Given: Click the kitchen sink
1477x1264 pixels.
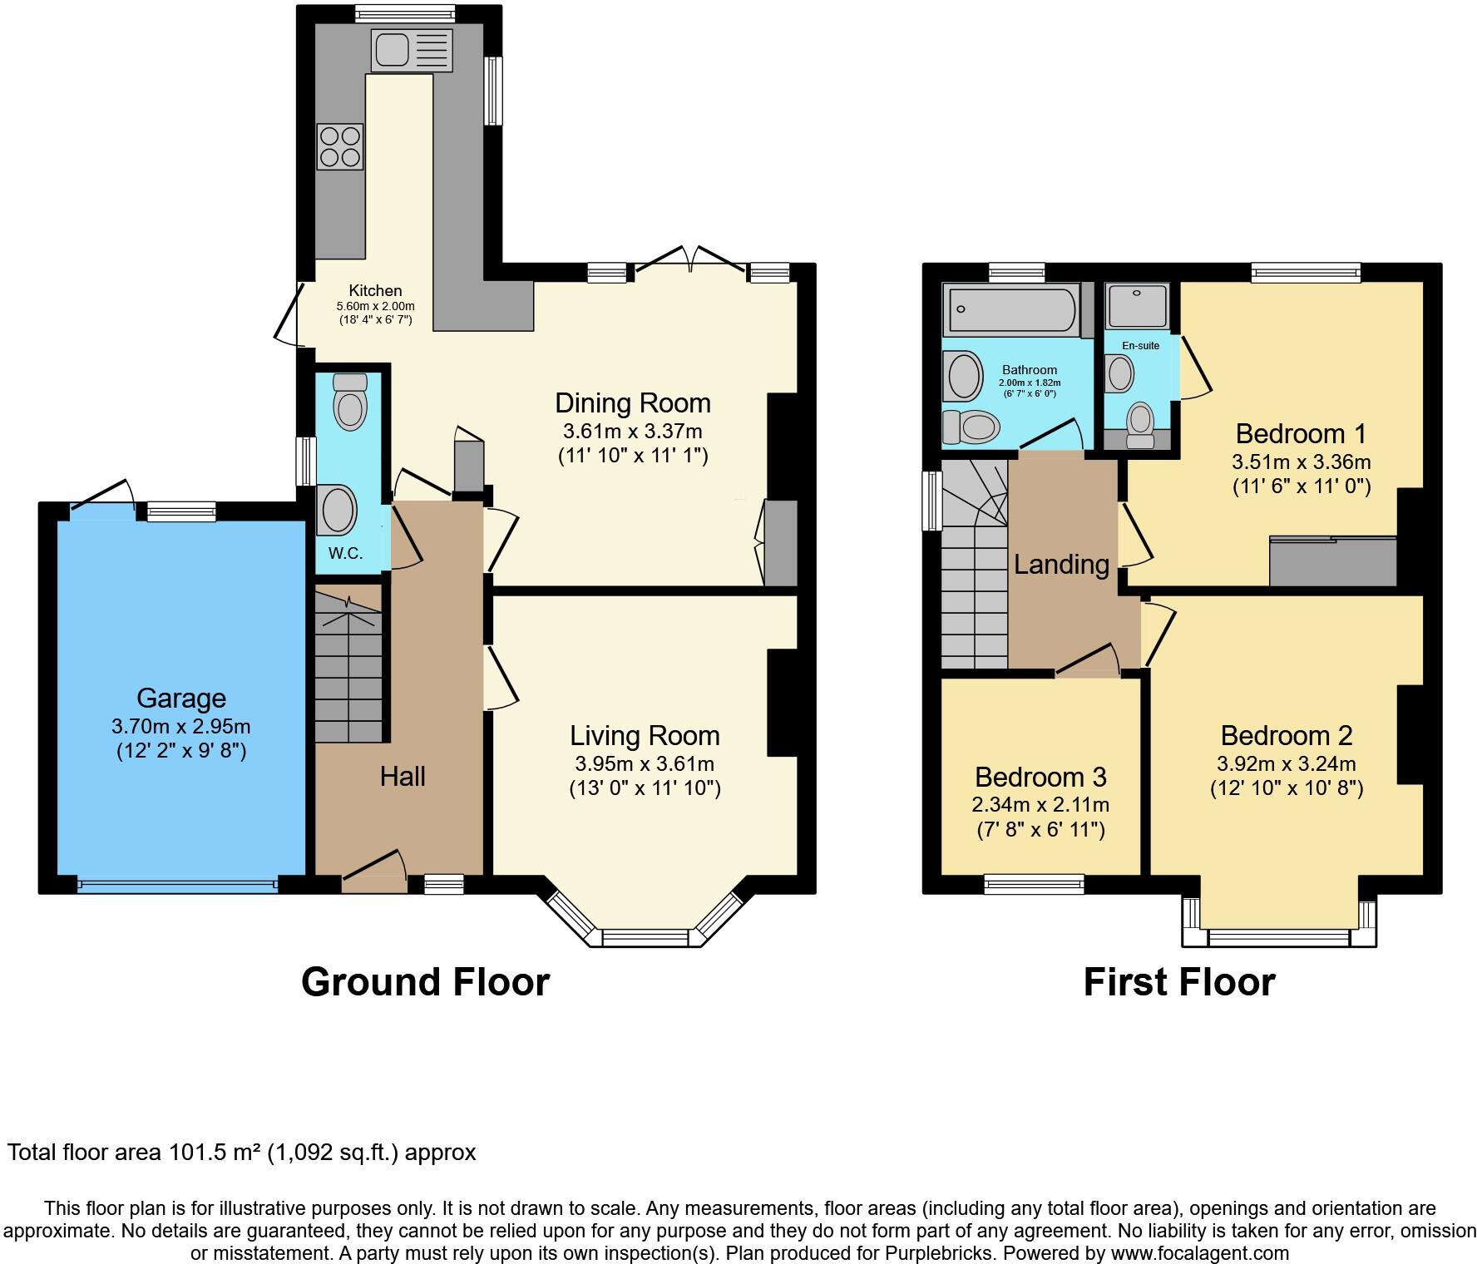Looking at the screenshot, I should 412,50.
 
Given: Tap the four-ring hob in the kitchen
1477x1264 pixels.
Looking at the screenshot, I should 340,146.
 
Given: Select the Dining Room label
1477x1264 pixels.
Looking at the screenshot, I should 632,403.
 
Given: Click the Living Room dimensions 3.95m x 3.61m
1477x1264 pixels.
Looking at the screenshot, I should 645,763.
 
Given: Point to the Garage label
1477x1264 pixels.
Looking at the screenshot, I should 181,698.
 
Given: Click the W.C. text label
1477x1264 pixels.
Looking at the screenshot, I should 345,553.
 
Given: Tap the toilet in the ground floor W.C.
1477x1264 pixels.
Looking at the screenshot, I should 350,401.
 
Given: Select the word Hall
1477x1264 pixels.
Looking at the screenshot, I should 403,776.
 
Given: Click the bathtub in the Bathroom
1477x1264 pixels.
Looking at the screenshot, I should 1010,309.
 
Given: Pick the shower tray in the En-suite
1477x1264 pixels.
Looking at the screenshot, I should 1137,305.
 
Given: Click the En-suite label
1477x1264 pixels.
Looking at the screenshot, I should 1140,345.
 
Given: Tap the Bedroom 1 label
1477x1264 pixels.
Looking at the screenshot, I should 1301,433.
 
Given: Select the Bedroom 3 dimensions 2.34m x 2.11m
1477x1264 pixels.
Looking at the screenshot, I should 1040,804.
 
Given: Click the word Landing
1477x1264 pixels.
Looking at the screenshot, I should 1061,564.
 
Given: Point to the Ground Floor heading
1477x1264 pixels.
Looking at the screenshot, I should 425,981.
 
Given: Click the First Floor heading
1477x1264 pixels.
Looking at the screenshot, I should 1178,981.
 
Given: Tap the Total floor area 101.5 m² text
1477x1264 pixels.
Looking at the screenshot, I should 241,1153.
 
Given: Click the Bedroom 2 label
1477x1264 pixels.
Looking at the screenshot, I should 1286,735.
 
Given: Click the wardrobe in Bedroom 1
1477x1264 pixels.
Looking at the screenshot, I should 1332,561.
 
